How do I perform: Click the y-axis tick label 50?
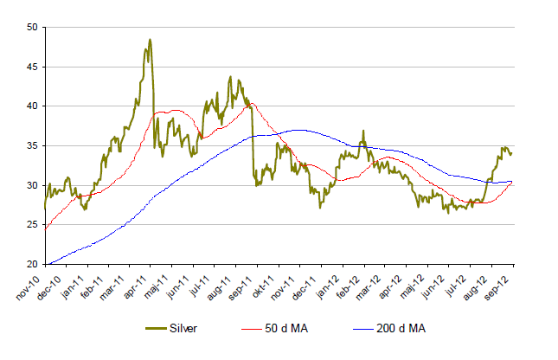[31, 28]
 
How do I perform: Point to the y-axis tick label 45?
[31, 67]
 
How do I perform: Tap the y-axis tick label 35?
[31, 145]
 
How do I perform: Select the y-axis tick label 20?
[31, 264]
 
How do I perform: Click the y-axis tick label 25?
[31, 224]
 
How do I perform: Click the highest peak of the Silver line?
[150, 40]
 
